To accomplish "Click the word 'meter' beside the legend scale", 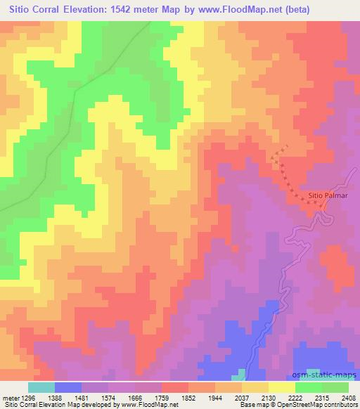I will pos(9,397).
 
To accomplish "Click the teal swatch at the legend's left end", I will pos(41,387).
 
